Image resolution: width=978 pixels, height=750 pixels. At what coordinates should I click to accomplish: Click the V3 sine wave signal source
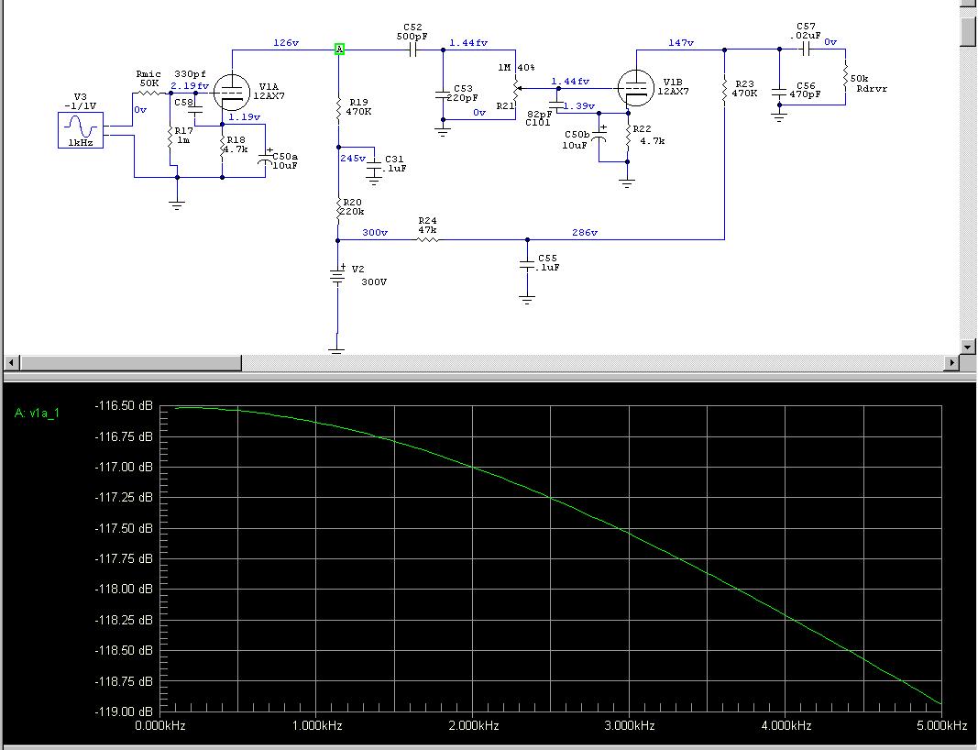point(81,130)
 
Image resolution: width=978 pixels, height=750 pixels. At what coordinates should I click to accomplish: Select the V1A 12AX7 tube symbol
point(231,93)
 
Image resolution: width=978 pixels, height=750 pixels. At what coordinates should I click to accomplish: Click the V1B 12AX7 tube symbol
point(635,88)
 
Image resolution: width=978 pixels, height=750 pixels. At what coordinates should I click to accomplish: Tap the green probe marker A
point(339,49)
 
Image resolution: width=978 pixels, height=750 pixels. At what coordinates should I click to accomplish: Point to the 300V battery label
point(374,282)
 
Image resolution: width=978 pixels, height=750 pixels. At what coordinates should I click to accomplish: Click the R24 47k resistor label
point(427,226)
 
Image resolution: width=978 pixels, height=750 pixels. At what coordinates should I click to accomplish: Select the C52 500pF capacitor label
point(412,32)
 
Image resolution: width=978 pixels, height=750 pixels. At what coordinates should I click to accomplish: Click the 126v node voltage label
point(286,42)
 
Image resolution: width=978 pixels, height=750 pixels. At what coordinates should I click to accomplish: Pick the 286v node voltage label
point(585,232)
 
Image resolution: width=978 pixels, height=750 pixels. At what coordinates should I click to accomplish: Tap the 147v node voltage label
point(680,42)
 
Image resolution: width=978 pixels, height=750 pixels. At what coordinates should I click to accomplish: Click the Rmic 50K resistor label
point(148,79)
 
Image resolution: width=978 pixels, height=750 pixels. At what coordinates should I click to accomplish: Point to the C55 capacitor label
point(547,259)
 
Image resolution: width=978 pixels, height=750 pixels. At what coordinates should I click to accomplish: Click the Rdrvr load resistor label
point(872,89)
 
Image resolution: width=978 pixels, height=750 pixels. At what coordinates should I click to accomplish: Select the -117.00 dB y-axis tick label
point(124,467)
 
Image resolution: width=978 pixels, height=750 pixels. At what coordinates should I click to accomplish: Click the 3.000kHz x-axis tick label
point(630,725)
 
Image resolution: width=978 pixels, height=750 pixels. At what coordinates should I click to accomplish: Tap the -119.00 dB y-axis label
point(124,711)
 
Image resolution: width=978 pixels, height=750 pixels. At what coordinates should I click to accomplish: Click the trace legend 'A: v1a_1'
point(37,414)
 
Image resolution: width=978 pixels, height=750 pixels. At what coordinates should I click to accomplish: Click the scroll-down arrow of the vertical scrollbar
point(967,347)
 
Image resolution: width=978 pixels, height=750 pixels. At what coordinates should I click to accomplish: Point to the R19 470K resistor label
point(358,106)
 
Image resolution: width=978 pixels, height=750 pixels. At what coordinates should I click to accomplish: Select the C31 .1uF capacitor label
point(395,164)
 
